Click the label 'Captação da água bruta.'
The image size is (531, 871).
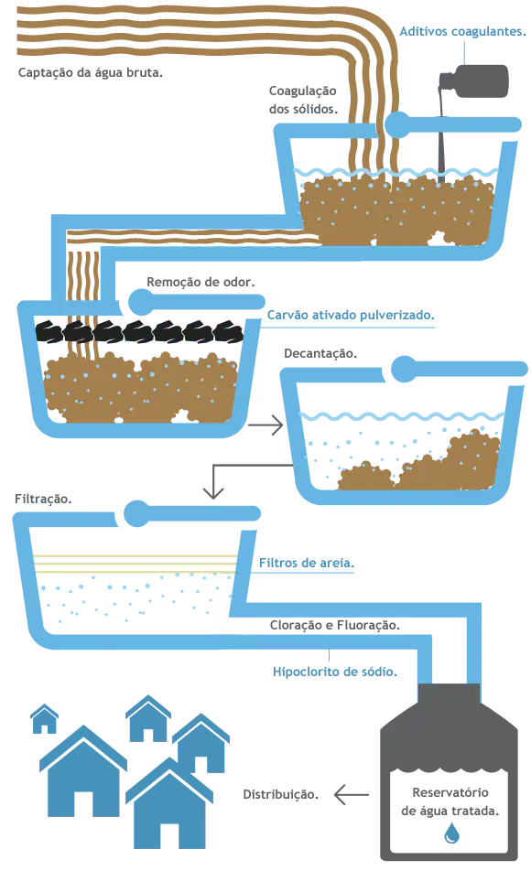[90, 73]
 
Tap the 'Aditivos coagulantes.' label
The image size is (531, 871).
[462, 32]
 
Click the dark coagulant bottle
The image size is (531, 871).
[473, 81]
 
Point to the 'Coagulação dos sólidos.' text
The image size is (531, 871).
[303, 100]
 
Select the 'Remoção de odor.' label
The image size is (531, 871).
[200, 282]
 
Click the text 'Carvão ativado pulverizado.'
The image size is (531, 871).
[351, 316]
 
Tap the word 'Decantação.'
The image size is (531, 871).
[320, 354]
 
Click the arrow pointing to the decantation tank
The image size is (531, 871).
[265, 425]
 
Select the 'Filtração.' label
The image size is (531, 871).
[43, 500]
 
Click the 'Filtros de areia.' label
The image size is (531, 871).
[307, 564]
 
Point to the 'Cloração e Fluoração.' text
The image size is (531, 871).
[335, 626]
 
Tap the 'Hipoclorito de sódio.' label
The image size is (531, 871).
[335, 672]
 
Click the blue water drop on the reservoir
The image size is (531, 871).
[452, 833]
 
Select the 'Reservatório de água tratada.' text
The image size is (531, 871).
[450, 801]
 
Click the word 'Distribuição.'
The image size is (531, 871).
[281, 795]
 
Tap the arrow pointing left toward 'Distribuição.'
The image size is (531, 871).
[352, 795]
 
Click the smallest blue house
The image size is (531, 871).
[45, 719]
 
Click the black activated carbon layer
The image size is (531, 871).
[139, 331]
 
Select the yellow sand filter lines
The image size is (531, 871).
[135, 564]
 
